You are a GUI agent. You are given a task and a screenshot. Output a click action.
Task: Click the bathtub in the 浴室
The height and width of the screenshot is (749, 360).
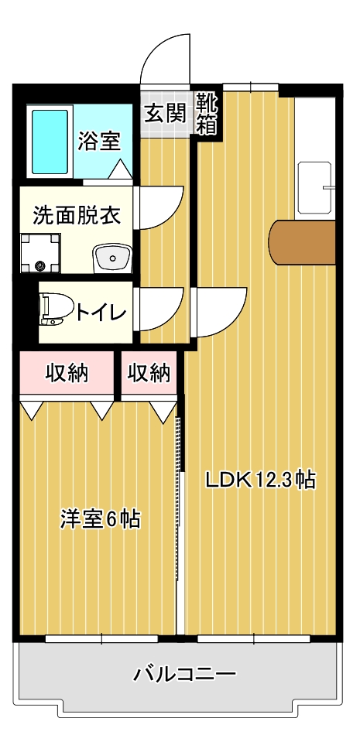(x=50, y=142)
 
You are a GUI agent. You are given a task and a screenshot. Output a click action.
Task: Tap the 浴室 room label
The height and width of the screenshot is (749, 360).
(x=99, y=141)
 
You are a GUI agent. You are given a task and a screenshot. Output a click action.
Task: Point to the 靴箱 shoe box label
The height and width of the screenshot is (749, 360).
(x=207, y=114)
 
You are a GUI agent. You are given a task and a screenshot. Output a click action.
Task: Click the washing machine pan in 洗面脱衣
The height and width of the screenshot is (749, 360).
(x=40, y=253)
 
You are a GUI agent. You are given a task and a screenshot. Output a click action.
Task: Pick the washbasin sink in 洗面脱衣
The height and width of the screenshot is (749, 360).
(x=113, y=258)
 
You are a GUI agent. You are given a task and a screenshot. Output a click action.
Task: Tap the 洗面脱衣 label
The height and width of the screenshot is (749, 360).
(x=77, y=216)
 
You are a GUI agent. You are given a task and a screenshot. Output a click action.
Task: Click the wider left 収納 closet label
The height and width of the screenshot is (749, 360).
(x=67, y=373)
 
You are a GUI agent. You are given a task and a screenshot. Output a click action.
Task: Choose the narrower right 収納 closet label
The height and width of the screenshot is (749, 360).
(x=149, y=373)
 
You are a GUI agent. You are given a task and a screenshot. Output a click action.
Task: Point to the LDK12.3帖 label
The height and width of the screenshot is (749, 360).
(x=261, y=480)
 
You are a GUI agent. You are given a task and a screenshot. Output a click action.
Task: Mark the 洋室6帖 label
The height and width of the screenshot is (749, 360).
(x=100, y=520)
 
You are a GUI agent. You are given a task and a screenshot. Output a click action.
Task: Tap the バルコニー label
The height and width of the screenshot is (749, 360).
(x=184, y=675)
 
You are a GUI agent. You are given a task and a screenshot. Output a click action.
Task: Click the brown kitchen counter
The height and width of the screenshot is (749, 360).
(x=302, y=241)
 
